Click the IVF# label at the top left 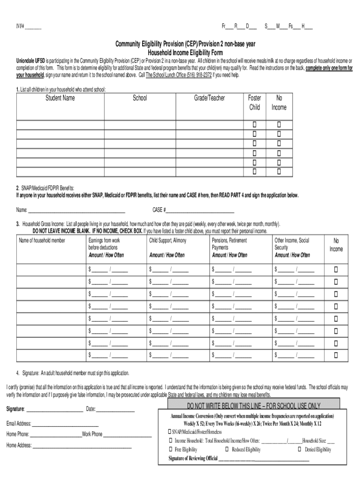pyautogui.click(x=19, y=26)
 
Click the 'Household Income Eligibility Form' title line pyautogui.click(x=185, y=52)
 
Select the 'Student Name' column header pyautogui.click(x=60, y=98)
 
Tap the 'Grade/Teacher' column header pyautogui.click(x=209, y=98)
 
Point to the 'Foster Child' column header pyautogui.click(x=255, y=102)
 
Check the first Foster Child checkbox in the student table pyautogui.click(x=255, y=125)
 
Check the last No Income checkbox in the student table pyautogui.click(x=279, y=172)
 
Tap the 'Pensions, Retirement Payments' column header pyautogui.click(x=229, y=244)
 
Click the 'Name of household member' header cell pyautogui.click(x=42, y=240)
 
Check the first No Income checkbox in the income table pyautogui.click(x=336, y=269)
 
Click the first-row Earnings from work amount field pyautogui.click(x=100, y=269)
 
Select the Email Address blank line pyautogui.click(x=65, y=424)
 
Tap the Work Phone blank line pyautogui.click(x=127, y=435)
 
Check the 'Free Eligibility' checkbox pyautogui.click(x=170, y=450)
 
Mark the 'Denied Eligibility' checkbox pyautogui.click(x=300, y=450)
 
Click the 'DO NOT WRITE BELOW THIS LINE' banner pyautogui.click(x=253, y=406)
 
